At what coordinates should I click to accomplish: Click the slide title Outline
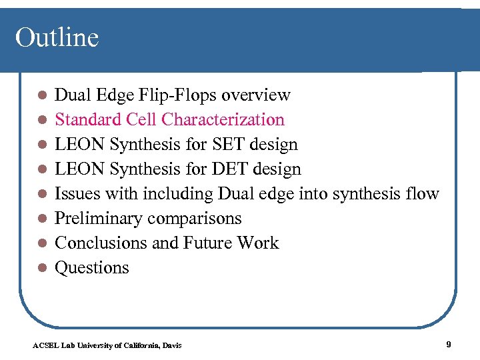pos(57,37)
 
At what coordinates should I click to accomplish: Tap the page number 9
pos(449,344)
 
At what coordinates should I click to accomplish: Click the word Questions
pos(91,268)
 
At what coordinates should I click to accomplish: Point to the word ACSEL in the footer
pos(45,345)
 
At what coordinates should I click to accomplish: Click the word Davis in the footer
pos(171,345)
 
